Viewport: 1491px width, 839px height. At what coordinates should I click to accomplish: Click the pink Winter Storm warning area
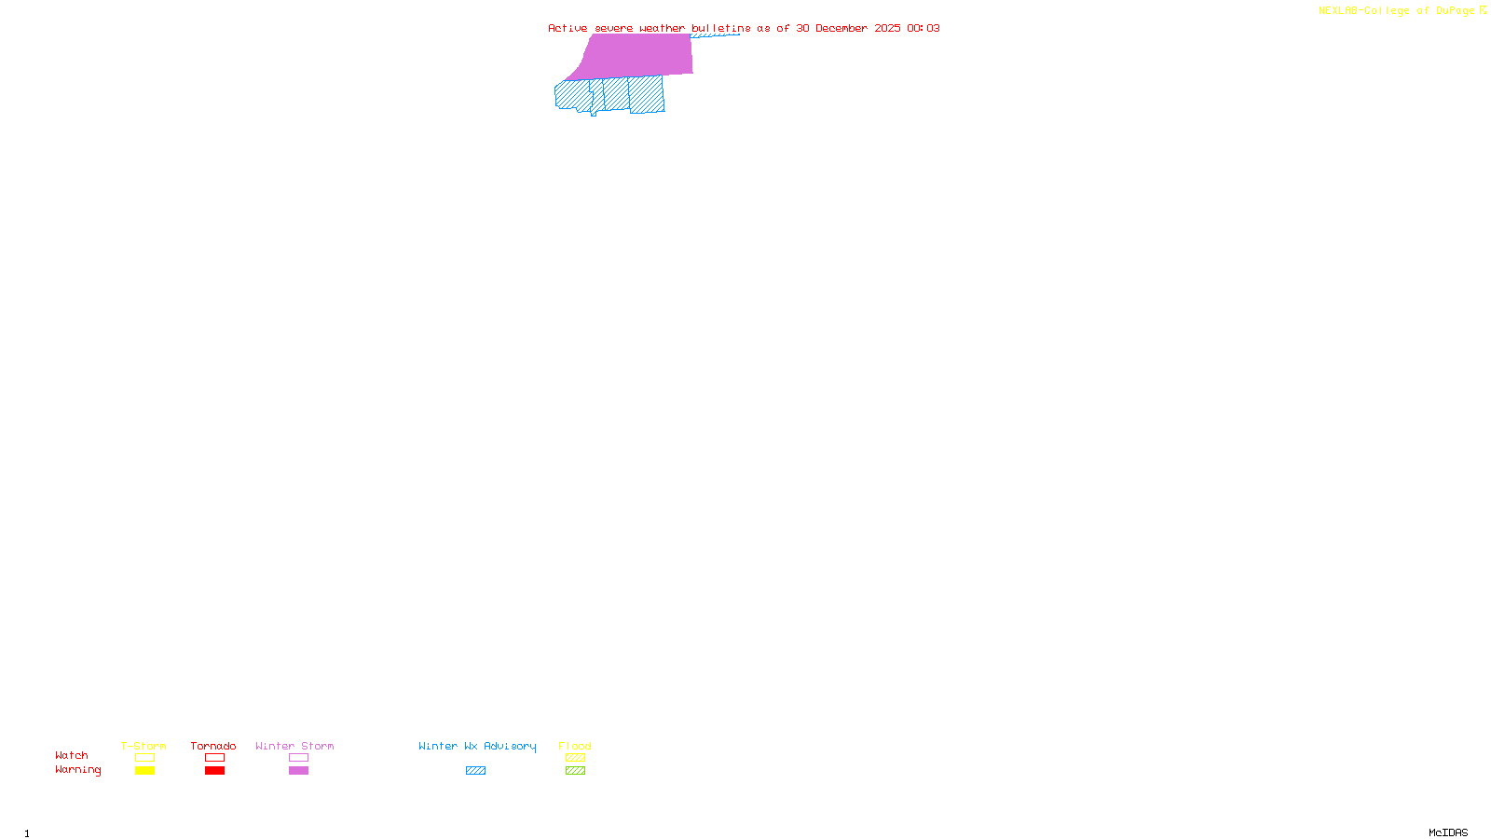pos(638,55)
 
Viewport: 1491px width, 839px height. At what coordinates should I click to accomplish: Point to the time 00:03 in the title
pos(923,28)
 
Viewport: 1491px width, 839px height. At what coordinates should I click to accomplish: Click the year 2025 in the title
pos(887,28)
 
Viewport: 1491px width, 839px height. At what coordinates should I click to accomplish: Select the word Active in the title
pos(568,28)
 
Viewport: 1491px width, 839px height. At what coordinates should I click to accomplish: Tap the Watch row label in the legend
pos(72,755)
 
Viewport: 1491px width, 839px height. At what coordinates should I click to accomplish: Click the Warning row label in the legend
pos(77,770)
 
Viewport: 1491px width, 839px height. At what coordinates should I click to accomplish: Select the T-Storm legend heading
pos(144,746)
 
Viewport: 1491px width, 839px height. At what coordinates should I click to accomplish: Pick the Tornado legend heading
pos(213,746)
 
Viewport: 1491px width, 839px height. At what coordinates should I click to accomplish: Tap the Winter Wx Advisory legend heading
pos(477,746)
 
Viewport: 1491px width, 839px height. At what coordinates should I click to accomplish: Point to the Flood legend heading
pos(575,746)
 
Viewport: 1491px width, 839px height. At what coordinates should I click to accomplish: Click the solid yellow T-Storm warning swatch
pos(144,771)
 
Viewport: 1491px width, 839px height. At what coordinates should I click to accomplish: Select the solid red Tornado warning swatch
pos(215,771)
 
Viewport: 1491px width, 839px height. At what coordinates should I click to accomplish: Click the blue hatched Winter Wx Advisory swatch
pos(475,771)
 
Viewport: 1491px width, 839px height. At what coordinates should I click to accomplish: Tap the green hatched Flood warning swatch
pos(575,771)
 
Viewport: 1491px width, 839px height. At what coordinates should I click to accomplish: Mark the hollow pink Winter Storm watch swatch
pos(298,758)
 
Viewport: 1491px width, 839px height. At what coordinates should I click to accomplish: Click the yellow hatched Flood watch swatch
pos(575,758)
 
